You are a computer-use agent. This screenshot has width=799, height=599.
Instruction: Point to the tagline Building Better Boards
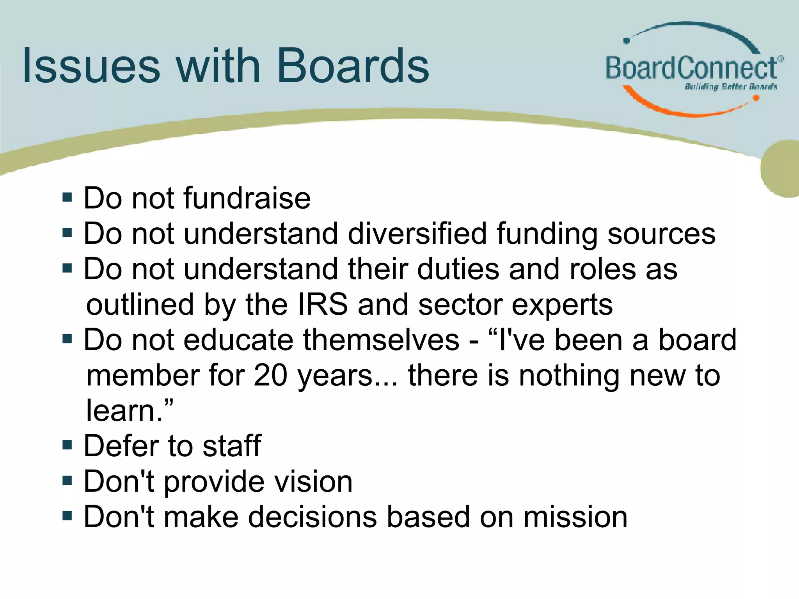pos(730,87)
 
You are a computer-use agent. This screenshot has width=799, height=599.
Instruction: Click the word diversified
pos(417,234)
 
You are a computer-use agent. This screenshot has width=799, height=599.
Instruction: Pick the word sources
pos(661,234)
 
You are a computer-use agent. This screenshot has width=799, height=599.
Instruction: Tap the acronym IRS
pos(322,305)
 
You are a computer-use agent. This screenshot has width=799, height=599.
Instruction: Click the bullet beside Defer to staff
pos(67,445)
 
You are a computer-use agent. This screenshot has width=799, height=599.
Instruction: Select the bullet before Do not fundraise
pos(67,197)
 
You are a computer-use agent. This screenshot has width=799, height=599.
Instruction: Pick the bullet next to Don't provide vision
pos(67,480)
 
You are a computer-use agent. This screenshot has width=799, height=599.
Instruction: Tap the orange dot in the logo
pos(756,98)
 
